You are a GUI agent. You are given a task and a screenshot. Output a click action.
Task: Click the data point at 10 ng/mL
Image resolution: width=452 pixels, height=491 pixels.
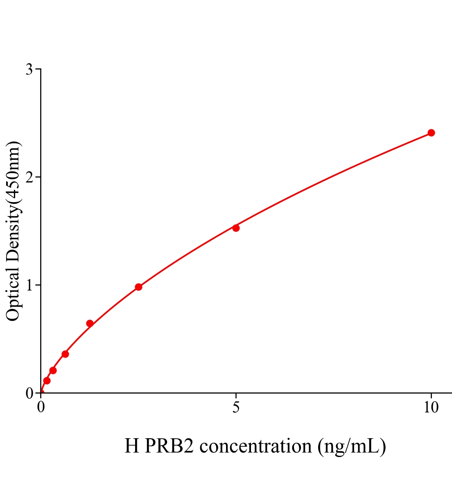(x=431, y=133)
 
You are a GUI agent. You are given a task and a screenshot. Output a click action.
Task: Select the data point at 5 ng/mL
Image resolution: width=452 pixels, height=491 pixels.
(x=236, y=228)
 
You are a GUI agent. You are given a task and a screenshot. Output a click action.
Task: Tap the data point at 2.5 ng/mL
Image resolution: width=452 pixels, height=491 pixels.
(x=138, y=287)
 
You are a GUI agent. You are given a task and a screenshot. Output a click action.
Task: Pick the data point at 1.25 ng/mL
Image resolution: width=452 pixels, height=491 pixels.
(x=90, y=323)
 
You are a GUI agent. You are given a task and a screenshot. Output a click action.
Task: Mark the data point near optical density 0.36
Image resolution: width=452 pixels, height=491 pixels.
(x=65, y=354)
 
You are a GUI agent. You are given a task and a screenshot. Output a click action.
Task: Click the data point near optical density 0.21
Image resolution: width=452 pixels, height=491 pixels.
(x=53, y=370)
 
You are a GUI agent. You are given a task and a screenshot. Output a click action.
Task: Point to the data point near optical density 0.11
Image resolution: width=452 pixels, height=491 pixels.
(x=47, y=381)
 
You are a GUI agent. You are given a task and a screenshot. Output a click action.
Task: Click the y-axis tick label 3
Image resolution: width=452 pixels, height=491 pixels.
(x=29, y=70)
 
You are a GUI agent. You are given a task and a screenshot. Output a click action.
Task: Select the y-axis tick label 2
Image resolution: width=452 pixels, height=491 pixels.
(x=29, y=177)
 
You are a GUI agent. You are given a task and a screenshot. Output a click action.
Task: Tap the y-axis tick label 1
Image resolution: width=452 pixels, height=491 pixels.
(x=29, y=285)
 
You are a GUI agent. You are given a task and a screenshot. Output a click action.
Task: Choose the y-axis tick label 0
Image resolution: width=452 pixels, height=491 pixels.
(x=29, y=393)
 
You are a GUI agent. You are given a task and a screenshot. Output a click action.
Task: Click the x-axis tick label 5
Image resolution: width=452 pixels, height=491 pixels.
(x=236, y=408)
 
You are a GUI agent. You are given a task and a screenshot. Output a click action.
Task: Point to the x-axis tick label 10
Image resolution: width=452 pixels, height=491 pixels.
(x=431, y=408)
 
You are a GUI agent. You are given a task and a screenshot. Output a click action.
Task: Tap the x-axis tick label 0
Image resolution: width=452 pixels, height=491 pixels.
(x=41, y=408)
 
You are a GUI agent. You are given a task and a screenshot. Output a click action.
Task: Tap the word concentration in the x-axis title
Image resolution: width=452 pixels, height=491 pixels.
(x=256, y=446)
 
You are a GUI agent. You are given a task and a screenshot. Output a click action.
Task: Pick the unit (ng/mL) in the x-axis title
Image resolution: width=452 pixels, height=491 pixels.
(x=352, y=446)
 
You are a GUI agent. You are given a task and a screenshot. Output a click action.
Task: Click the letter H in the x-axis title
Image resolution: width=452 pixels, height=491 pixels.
(x=132, y=446)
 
